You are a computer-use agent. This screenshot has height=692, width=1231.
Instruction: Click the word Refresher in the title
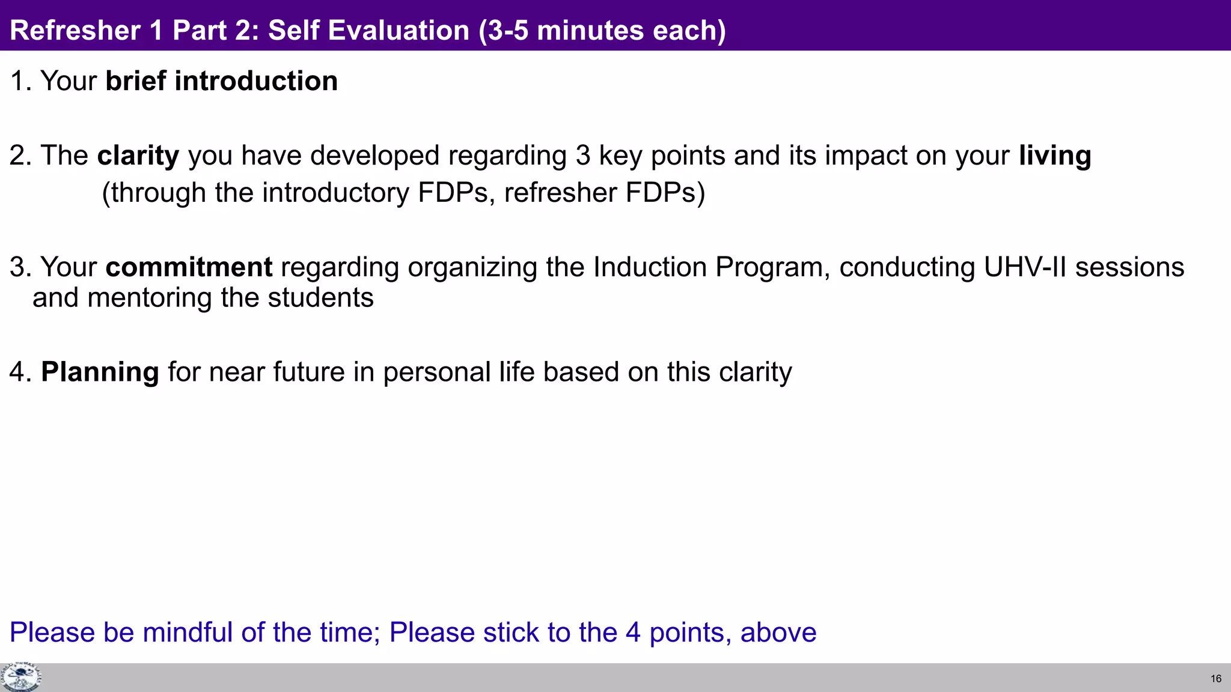[x=75, y=31]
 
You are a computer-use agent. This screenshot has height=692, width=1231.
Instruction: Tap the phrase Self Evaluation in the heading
[x=368, y=31]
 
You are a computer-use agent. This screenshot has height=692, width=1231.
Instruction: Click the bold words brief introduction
[x=221, y=81]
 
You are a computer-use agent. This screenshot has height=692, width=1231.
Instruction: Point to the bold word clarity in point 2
[x=138, y=156]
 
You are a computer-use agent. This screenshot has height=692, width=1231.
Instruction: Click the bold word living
[x=1055, y=156]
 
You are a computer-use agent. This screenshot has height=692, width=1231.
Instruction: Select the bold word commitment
[x=189, y=267]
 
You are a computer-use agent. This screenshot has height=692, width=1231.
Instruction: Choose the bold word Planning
[x=100, y=372]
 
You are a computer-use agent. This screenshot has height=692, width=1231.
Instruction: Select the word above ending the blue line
[x=778, y=633]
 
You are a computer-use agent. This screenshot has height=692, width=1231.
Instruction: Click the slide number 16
[x=1215, y=679]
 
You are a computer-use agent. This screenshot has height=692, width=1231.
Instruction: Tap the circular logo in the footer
[x=20, y=678]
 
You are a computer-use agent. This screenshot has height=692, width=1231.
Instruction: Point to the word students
[x=320, y=298]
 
